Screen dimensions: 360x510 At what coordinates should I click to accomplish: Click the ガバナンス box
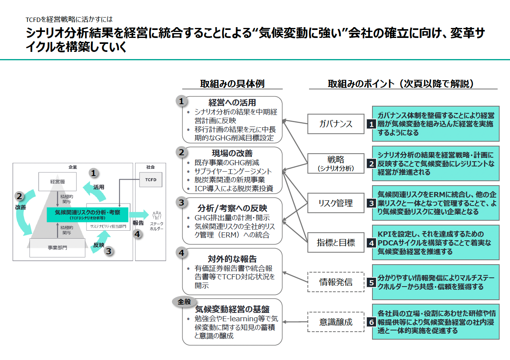pos(336,124)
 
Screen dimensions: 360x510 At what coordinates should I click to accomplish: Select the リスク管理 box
pos(336,203)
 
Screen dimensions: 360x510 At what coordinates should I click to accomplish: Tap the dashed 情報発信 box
pos(336,282)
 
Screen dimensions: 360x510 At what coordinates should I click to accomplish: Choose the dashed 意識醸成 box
pos(336,322)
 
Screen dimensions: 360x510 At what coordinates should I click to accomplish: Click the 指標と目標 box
pos(336,242)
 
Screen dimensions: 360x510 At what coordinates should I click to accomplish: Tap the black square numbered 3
pos(371,203)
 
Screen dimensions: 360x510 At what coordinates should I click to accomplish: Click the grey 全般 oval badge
pos(185,302)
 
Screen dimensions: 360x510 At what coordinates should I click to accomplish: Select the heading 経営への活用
pos(232,103)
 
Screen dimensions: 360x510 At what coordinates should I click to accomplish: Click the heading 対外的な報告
pos(232,259)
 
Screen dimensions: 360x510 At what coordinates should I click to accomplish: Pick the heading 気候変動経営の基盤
pos(232,309)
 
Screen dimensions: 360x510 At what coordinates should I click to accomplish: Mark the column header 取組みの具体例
pos(232,83)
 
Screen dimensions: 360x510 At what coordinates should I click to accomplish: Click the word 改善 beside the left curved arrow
pos(20,208)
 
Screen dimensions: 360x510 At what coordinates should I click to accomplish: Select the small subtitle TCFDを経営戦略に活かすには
pos(69,19)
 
